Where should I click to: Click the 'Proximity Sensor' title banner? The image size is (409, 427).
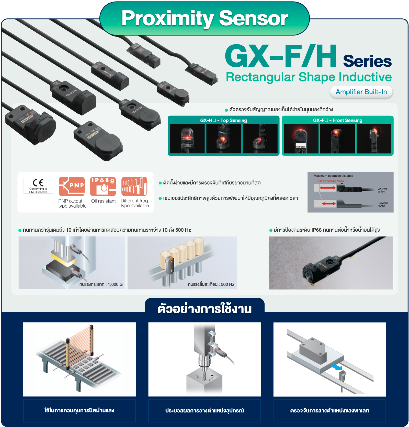pos(204,18)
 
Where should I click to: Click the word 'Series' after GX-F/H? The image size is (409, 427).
pos(367,61)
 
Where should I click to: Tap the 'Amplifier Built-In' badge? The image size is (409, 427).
pos(361,92)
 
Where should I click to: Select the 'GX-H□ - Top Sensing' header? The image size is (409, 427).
pos(223,120)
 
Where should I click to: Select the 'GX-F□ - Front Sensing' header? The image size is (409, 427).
pos(337,120)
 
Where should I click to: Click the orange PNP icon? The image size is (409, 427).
pos(72,186)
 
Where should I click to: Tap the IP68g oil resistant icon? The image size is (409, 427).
pos(103,186)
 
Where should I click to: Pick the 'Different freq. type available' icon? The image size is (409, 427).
pos(134,186)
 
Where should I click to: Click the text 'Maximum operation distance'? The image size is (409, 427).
pos(333,176)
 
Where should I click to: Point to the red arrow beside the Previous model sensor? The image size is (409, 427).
pos(328,204)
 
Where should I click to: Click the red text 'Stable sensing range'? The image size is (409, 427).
pos(331,181)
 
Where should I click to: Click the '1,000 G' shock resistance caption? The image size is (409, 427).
pos(101,284)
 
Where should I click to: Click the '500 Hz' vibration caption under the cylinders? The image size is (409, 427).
pos(211,284)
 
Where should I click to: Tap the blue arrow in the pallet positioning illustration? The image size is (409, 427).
pos(336,367)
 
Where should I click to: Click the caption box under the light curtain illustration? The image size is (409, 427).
pos(79,410)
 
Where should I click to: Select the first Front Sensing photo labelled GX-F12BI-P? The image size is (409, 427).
pos(301,139)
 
